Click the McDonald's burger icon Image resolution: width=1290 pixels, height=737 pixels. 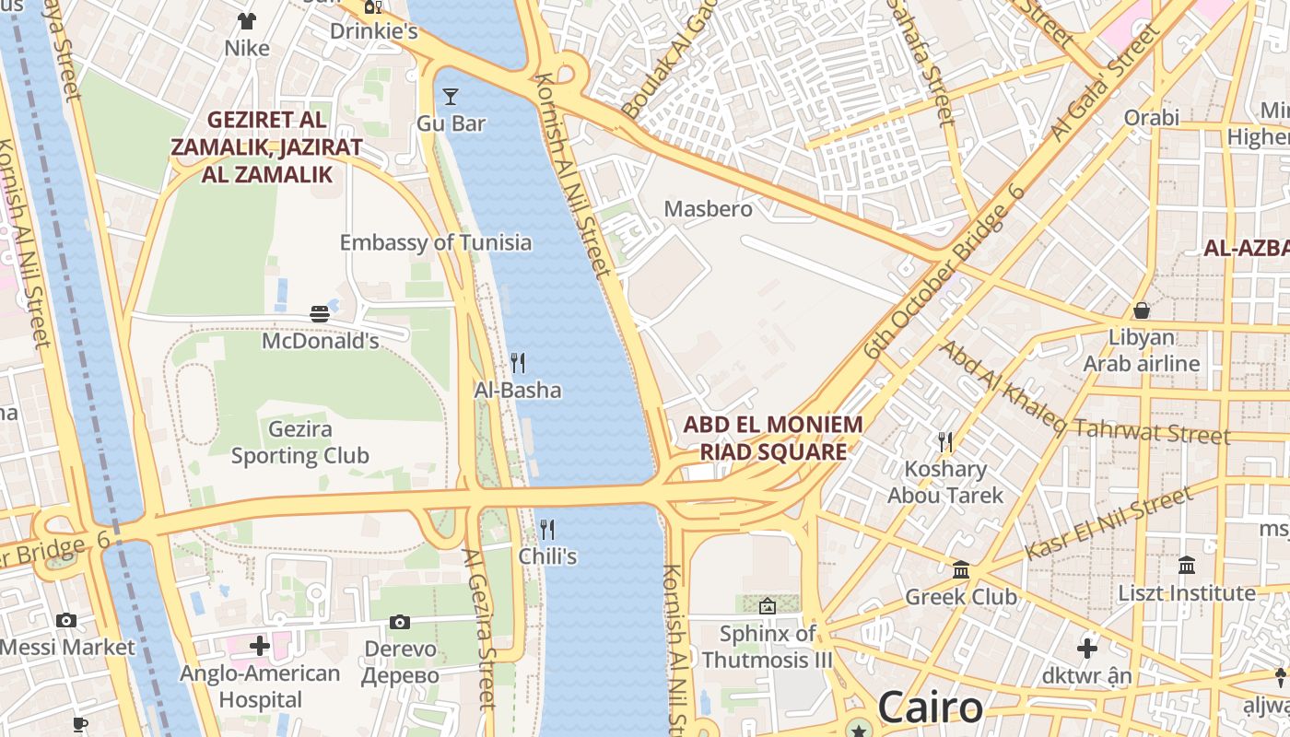point(320,314)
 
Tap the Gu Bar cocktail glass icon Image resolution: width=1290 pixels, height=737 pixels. point(451,96)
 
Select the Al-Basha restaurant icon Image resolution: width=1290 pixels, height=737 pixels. point(518,363)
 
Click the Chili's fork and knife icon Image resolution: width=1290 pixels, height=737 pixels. point(547,529)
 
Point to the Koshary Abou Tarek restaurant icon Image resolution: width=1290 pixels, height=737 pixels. point(945,442)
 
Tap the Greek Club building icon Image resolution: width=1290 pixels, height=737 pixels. point(961,570)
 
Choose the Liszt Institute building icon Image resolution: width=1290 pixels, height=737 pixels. point(1187,565)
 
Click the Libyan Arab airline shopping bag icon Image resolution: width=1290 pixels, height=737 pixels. point(1142,310)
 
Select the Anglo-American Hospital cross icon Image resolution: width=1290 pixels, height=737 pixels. point(260,646)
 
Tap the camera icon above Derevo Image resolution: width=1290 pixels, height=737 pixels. point(400,622)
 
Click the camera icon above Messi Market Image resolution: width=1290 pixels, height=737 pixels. point(66,620)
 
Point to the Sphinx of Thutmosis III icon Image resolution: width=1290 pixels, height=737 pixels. point(767,606)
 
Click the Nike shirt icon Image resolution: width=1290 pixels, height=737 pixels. point(247,20)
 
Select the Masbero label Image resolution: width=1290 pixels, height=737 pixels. point(709,209)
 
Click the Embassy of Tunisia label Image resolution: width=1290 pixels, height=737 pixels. point(436,242)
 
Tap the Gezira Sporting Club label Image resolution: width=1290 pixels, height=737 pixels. point(300,442)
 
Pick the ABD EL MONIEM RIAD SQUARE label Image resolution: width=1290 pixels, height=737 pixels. point(773,439)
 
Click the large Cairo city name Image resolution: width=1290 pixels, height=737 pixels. point(930,708)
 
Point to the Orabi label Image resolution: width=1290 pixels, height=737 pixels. point(1151,117)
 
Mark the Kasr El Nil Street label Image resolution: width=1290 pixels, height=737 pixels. point(1109,523)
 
